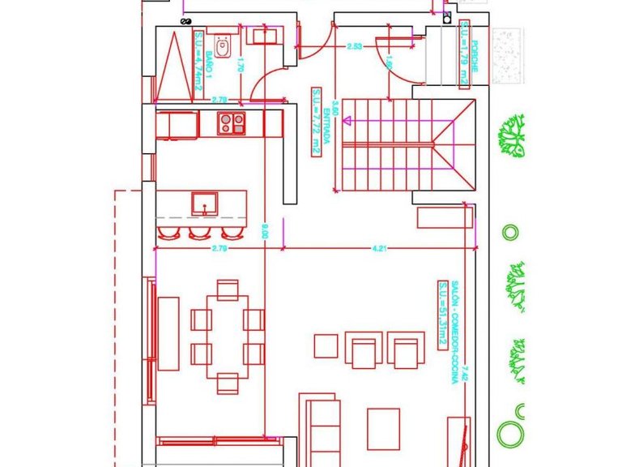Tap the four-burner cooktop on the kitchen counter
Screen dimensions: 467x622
(232, 123)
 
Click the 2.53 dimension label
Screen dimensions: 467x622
(354, 47)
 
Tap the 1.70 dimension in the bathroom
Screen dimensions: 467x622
(241, 69)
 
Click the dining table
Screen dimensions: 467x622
(228, 332)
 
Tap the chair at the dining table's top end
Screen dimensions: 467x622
(228, 288)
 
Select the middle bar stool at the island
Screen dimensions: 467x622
(199, 233)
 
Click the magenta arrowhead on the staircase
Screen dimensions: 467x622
(347, 123)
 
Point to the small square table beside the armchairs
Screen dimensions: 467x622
(325, 346)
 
